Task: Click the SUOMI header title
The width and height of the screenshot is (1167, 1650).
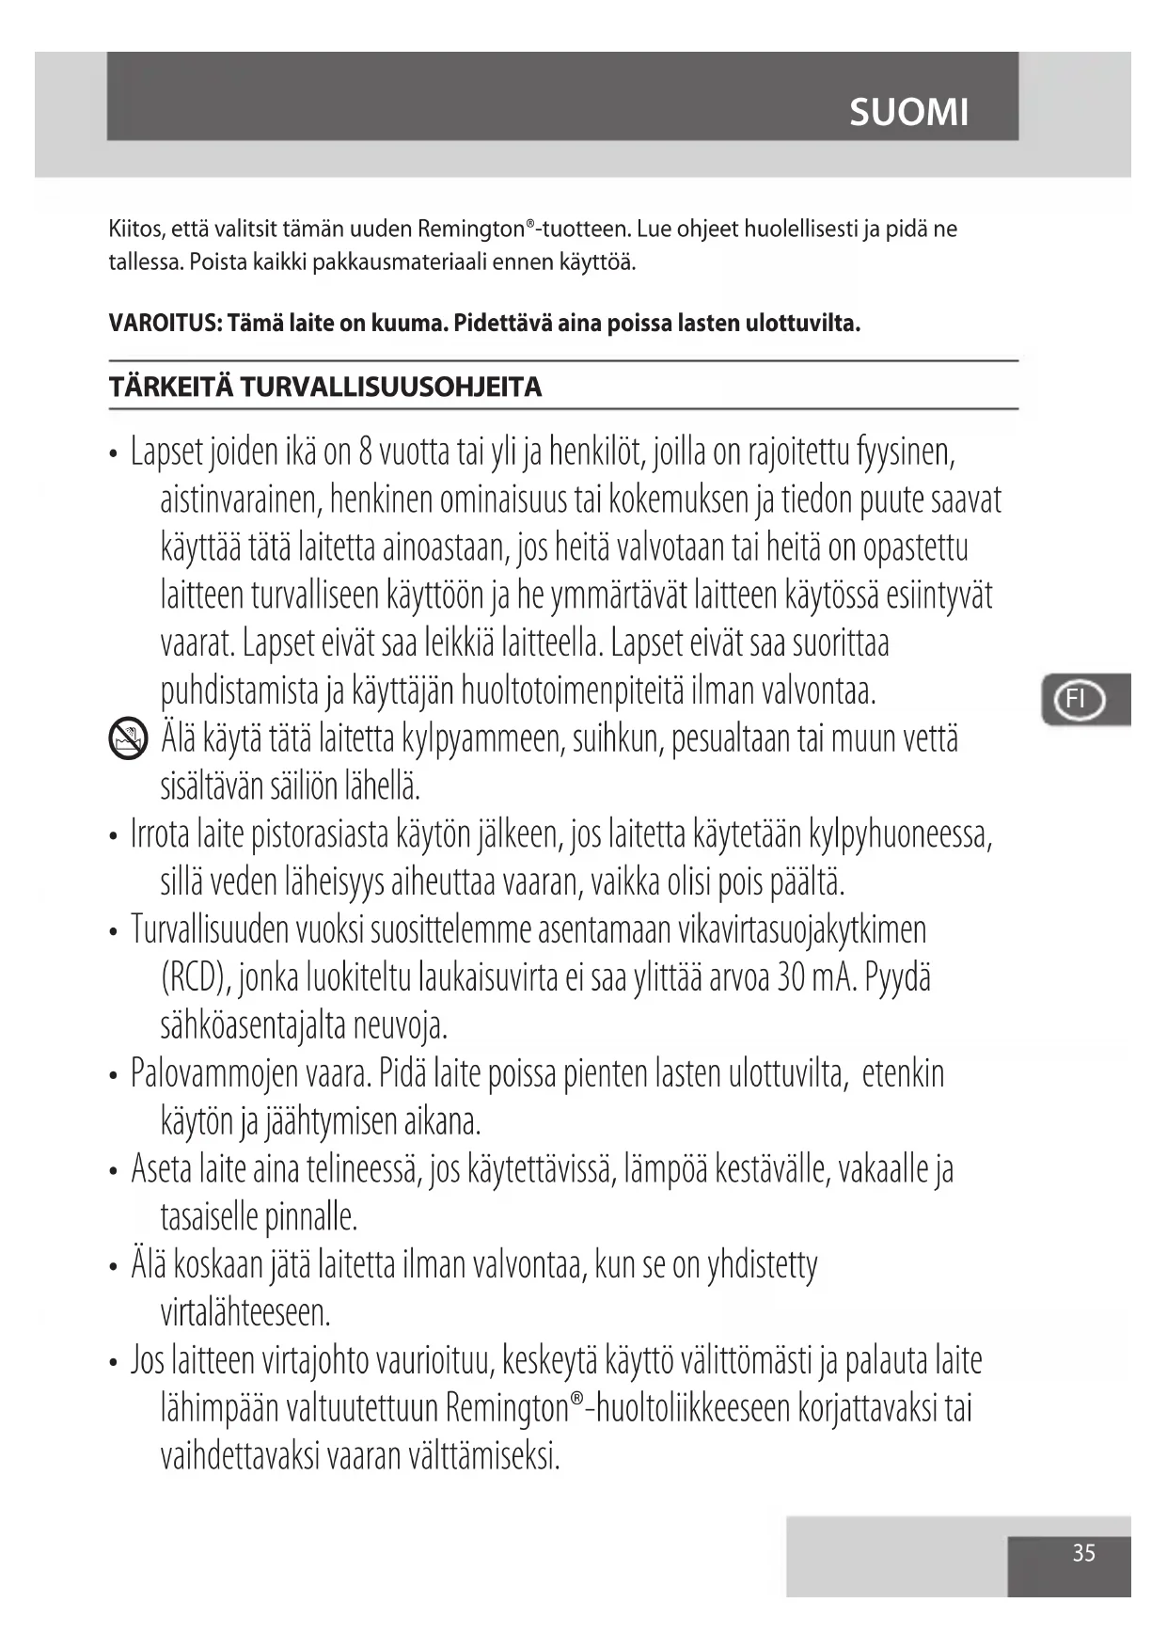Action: [x=908, y=113]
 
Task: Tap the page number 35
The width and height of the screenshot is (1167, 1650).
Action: [x=1083, y=1552]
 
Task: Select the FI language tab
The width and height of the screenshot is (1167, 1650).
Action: [x=1078, y=699]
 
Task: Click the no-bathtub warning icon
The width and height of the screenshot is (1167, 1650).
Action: [x=128, y=738]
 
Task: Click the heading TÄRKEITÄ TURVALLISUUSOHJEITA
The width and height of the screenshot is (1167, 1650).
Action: [x=325, y=387]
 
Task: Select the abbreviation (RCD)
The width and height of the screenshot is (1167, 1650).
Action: [x=196, y=978]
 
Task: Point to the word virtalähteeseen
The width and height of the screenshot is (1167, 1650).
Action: [x=245, y=1312]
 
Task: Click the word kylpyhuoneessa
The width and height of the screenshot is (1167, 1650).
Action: [x=899, y=834]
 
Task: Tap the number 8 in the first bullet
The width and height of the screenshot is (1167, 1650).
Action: [x=366, y=452]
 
